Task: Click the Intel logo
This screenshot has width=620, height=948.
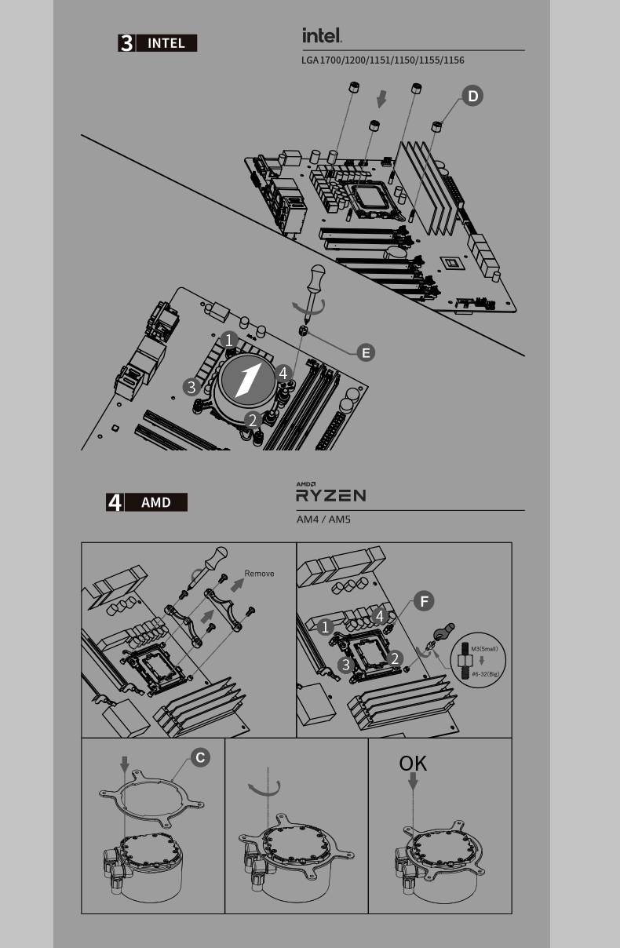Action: pos(322,35)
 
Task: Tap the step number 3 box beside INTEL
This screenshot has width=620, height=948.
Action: pos(126,43)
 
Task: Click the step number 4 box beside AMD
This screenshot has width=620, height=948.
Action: pos(115,502)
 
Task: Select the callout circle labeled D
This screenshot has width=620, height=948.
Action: pos(472,96)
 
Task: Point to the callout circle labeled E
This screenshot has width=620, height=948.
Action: pos(366,352)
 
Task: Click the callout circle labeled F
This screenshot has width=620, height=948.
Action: pos(424,601)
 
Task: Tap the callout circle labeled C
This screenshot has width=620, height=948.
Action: pos(200,757)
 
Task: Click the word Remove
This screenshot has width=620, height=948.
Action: pos(259,574)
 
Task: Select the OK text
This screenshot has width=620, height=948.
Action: pos(413,764)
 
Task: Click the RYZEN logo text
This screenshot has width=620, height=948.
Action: pos(331,495)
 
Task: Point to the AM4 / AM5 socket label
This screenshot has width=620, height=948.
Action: pos(323,520)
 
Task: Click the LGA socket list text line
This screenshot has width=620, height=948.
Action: pos(382,60)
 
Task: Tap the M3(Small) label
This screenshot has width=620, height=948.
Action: pos(484,649)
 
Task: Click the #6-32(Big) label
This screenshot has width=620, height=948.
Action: pos(486,674)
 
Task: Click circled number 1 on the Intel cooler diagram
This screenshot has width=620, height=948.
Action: pos(229,340)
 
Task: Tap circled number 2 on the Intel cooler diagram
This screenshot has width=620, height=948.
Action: pos(253,421)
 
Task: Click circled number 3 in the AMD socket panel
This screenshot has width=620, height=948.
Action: pos(346,665)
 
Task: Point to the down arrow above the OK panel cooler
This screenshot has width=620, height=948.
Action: pos(413,782)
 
